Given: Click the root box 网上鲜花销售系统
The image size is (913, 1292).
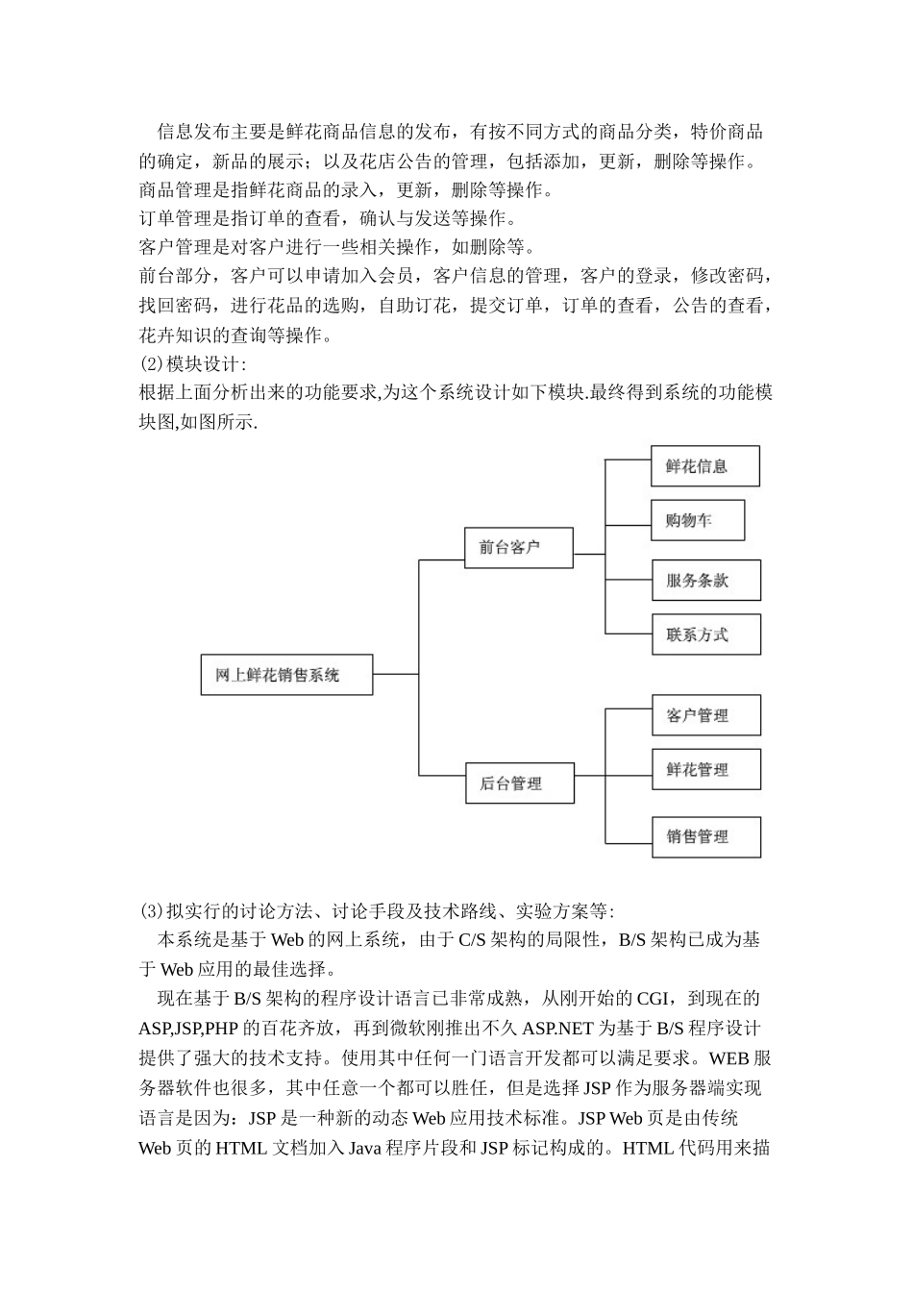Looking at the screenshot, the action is pos(286,675).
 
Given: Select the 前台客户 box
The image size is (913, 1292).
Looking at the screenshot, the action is pos(519,547).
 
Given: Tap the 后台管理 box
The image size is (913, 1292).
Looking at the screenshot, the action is pos(519,783).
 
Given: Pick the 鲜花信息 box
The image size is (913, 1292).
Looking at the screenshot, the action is pos(704,466).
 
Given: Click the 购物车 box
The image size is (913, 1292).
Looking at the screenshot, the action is pos(698,520).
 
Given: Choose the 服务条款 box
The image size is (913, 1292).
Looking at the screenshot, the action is pos(704,581).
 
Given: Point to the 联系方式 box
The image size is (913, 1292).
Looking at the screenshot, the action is pos(704,634).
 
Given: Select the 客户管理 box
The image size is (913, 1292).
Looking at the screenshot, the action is pos(705,715).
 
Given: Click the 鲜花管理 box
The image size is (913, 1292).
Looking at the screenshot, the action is pos(705,769).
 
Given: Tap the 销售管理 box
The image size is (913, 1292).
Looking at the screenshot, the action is pos(705,836).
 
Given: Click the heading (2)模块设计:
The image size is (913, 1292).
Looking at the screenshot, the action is pos(193,364).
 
